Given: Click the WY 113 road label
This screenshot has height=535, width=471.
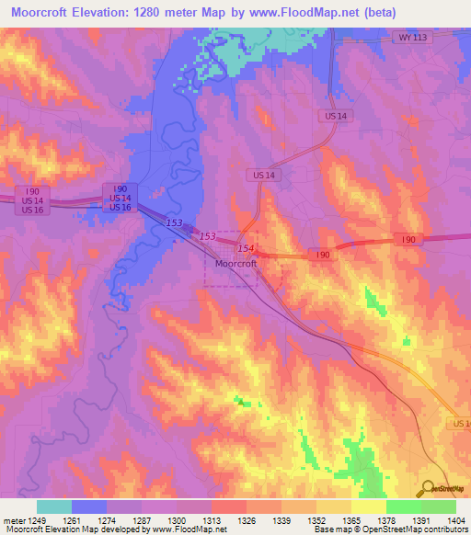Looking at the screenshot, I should click(413, 38).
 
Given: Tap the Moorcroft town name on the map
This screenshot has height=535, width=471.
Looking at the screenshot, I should click(235, 263).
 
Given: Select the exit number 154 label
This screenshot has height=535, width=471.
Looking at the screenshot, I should click(245, 249).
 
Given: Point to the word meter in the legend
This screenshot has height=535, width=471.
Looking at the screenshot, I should click(9, 519).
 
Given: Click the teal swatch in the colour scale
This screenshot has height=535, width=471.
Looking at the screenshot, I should click(53, 507).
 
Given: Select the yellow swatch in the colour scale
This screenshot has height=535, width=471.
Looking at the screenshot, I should click(368, 507).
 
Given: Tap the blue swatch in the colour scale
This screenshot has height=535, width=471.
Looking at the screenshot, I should click(88, 507).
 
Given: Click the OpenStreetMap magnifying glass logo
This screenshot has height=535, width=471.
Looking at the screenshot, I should click(426, 487).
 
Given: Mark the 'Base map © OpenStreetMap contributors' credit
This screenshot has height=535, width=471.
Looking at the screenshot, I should click(388, 529).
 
